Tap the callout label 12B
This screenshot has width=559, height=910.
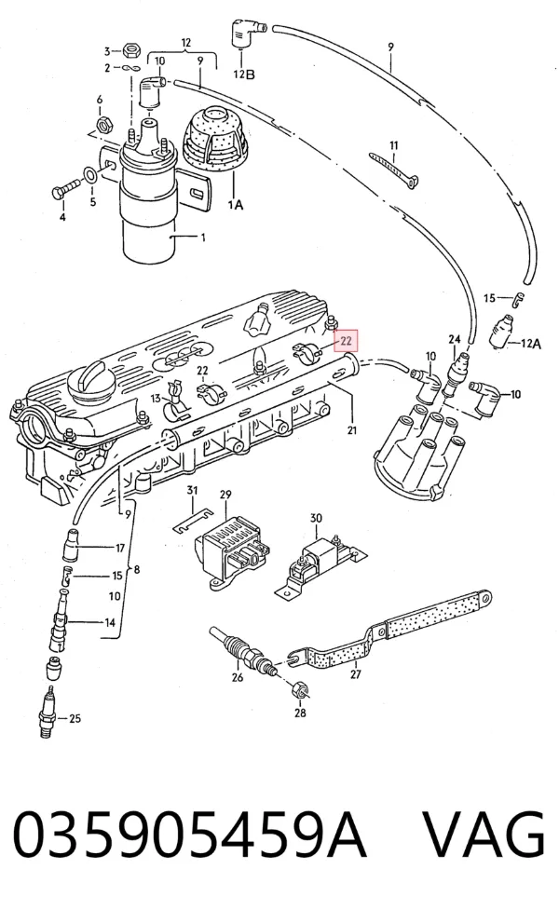pos(244,75)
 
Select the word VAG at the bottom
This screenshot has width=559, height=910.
pos(483,835)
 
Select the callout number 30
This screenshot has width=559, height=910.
pos(315,518)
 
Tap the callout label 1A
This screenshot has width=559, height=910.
pos(235,204)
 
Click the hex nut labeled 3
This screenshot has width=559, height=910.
pos(130,50)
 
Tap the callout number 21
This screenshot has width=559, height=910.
pos(352,430)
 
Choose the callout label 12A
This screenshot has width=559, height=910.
pos(530,344)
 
